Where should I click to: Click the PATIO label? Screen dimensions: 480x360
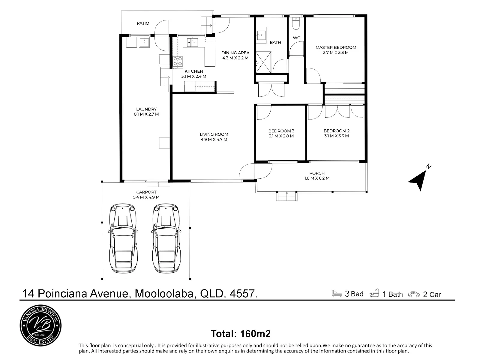tap(143, 23)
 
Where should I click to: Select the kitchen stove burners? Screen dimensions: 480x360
tap(178, 61)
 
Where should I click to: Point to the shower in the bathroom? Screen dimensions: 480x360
tap(263, 62)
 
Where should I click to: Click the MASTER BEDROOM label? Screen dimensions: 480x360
tap(336, 47)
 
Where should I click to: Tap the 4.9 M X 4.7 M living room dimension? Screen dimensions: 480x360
tap(214, 140)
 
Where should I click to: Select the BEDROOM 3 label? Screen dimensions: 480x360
tap(281, 131)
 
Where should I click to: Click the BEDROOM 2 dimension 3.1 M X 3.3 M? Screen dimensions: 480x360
tap(336, 136)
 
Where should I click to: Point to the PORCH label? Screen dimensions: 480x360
tap(317, 173)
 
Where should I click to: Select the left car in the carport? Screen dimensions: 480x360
tap(123, 238)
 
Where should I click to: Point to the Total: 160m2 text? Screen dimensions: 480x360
tap(241, 334)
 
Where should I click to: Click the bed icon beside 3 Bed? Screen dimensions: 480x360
tap(337, 293)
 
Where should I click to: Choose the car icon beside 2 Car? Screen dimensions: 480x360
tap(414, 294)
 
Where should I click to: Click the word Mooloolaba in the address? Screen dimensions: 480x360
tap(164, 293)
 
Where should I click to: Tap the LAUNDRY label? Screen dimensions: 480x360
tap(146, 109)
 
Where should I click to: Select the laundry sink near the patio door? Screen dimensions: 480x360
tap(144, 42)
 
